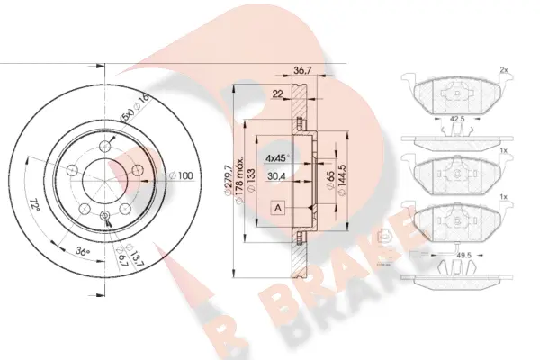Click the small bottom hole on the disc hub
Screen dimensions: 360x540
104,214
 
